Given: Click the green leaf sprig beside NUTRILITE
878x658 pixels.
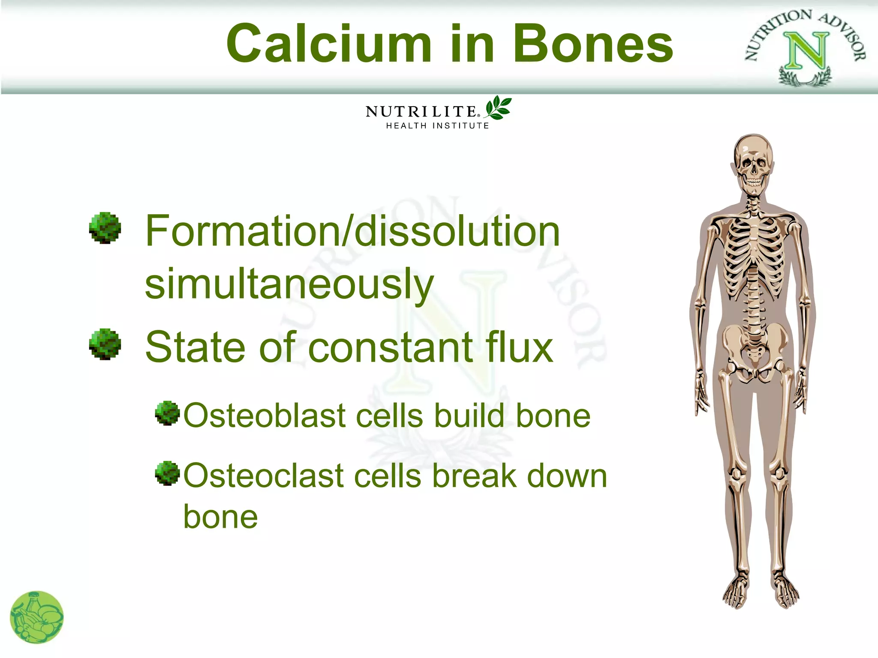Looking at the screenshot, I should [x=498, y=108].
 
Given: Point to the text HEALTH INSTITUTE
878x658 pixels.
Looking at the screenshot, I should [x=437, y=126].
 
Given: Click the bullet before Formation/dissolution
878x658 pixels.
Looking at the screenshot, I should [x=105, y=228].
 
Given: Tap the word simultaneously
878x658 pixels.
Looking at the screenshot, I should [x=289, y=284].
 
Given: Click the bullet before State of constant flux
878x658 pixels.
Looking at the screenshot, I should [x=105, y=344].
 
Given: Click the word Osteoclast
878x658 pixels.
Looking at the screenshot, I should [x=264, y=476].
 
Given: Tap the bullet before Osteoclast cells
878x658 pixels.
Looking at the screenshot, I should [x=167, y=473].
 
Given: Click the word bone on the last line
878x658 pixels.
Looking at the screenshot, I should [x=220, y=517].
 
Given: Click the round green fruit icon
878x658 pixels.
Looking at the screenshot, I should [x=37, y=617].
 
